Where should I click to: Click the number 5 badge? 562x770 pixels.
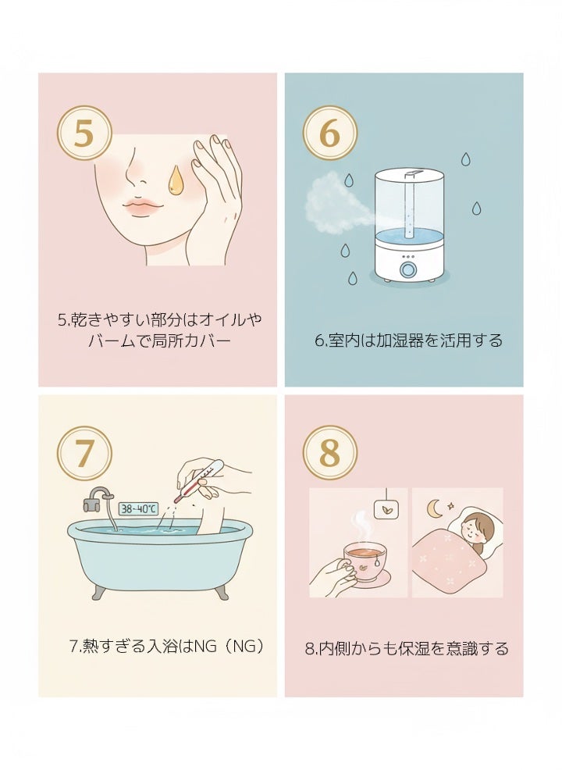84,134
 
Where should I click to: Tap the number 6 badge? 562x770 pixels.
329,134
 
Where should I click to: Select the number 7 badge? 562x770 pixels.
84,453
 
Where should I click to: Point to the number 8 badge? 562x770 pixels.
329,453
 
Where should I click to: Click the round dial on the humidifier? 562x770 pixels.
408,269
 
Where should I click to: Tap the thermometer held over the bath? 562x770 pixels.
199,481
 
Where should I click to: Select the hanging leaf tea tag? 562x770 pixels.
386,510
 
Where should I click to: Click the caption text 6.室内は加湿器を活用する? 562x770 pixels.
408,340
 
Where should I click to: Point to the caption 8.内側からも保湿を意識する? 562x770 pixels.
406,648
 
